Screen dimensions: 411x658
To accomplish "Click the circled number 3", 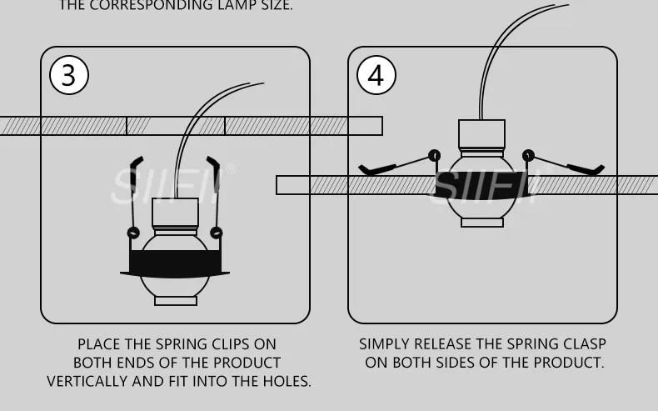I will click(x=69, y=75).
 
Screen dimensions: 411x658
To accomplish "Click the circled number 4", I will click(x=376, y=75).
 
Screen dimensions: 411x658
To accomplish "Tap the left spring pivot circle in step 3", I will click(x=133, y=233).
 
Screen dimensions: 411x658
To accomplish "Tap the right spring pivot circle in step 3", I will click(x=217, y=233).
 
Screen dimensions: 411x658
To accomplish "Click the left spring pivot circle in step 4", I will click(x=434, y=156).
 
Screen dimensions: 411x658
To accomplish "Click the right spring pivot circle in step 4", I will click(x=528, y=156).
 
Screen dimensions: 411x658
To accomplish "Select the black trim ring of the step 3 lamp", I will click(x=175, y=264).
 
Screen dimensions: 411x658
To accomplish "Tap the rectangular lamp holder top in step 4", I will click(x=481, y=134).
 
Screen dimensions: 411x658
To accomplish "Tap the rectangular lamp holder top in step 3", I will click(x=175, y=213).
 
